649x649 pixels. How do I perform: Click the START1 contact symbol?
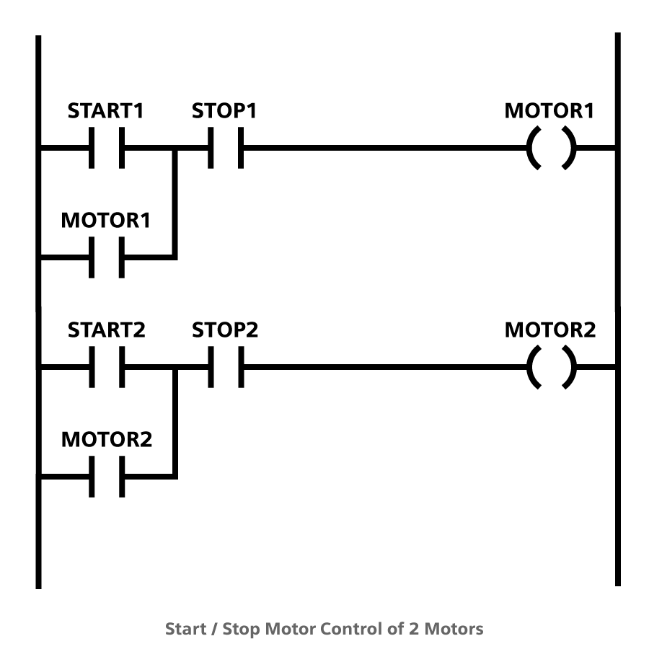coord(107,149)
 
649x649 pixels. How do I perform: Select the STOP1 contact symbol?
coord(225,149)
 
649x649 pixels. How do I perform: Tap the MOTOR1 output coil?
coord(552,149)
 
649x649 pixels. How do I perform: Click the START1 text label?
coord(106,112)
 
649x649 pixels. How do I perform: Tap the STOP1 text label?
coord(224,112)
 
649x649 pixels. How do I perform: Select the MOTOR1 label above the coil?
coord(549,112)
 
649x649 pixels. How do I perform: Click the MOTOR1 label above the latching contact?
coord(106,221)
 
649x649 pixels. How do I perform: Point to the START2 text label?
coord(107,330)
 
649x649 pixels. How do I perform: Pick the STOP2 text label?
coord(225,330)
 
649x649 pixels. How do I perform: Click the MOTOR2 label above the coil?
coord(550,330)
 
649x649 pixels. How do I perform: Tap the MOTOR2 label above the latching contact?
coord(107,440)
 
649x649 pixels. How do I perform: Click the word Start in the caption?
coord(185,629)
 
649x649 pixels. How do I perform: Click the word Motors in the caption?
coord(454,629)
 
